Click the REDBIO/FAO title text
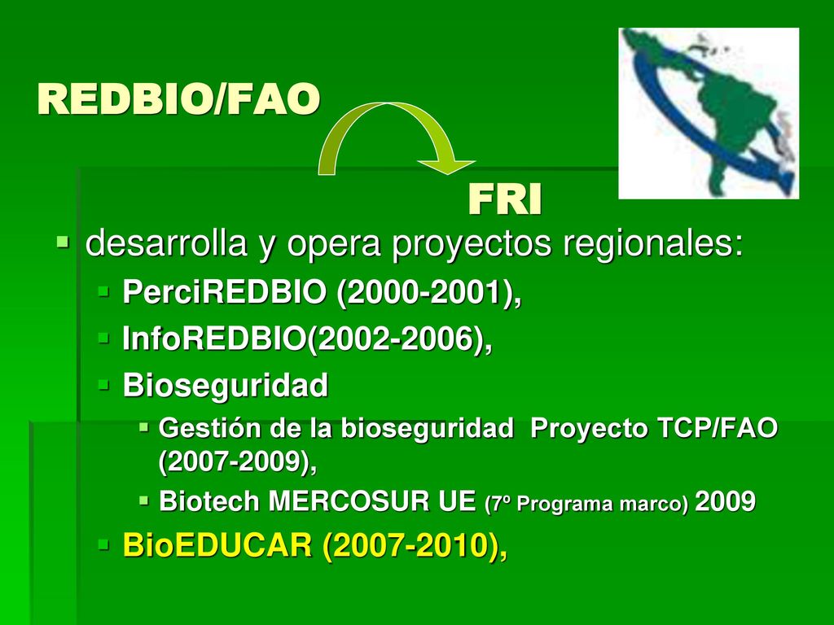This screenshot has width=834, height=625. click(178, 99)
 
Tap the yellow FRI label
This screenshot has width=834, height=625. click(505, 200)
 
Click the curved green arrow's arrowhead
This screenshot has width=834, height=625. click(446, 164)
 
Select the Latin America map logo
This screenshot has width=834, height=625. click(709, 113)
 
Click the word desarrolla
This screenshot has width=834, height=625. click(166, 243)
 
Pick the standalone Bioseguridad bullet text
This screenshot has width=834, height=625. click(225, 385)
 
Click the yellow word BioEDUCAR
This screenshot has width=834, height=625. click(217, 545)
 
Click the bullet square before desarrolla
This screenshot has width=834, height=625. click(63, 243)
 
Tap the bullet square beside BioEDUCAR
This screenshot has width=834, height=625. click(103, 544)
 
